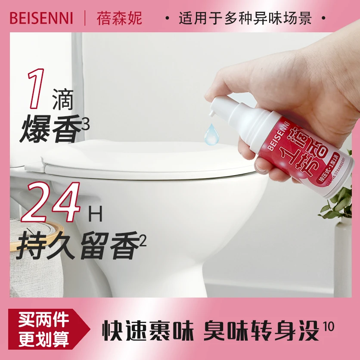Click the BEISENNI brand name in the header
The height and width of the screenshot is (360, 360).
[x=41, y=18]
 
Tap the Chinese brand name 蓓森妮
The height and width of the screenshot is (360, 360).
[x=119, y=19]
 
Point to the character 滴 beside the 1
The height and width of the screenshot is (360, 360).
[x=63, y=100]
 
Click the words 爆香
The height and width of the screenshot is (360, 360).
[x=50, y=128]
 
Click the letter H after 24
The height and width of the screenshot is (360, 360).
[x=97, y=214]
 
